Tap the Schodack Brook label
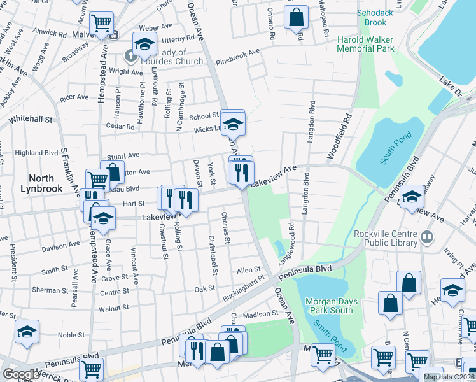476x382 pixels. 371,18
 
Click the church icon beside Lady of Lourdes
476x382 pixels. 130,57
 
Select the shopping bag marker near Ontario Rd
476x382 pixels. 296,18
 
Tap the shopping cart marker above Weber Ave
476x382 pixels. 102,24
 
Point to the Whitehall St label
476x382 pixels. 30,119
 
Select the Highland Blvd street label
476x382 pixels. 36,153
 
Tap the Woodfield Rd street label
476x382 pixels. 339,137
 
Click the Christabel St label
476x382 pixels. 213,255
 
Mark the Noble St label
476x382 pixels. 71,335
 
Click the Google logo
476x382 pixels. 21,374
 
